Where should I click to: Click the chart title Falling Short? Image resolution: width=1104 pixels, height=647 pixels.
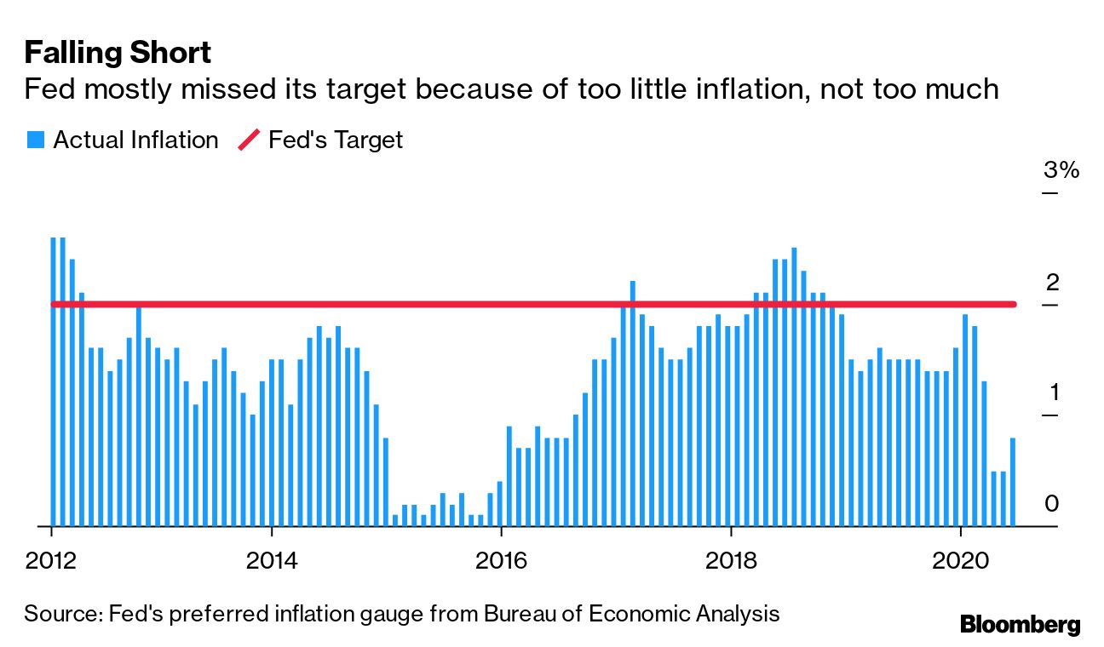118,54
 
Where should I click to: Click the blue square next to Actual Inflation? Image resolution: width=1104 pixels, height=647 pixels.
35,140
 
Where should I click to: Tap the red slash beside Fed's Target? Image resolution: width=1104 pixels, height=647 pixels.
249,140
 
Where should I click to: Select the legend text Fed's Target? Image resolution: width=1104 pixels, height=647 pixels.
335,140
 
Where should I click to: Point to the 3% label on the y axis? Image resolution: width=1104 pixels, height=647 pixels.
1061,170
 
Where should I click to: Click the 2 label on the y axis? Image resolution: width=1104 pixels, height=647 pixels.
1052,282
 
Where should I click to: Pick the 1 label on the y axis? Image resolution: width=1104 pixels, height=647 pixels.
1052,392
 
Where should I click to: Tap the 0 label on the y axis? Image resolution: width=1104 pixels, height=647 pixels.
1052,504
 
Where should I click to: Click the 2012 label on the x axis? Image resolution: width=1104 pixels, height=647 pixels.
52,561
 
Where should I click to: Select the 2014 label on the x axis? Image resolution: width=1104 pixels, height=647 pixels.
271,561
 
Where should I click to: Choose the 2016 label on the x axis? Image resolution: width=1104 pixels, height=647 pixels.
502,561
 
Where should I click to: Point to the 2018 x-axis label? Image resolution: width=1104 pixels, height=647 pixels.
731,561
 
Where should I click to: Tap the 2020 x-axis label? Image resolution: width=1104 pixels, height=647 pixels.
961,561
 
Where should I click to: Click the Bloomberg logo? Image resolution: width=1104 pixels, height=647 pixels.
1021,624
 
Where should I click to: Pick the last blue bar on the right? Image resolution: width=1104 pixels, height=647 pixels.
1013,482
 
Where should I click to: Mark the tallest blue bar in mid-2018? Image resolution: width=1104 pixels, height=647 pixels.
794,386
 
